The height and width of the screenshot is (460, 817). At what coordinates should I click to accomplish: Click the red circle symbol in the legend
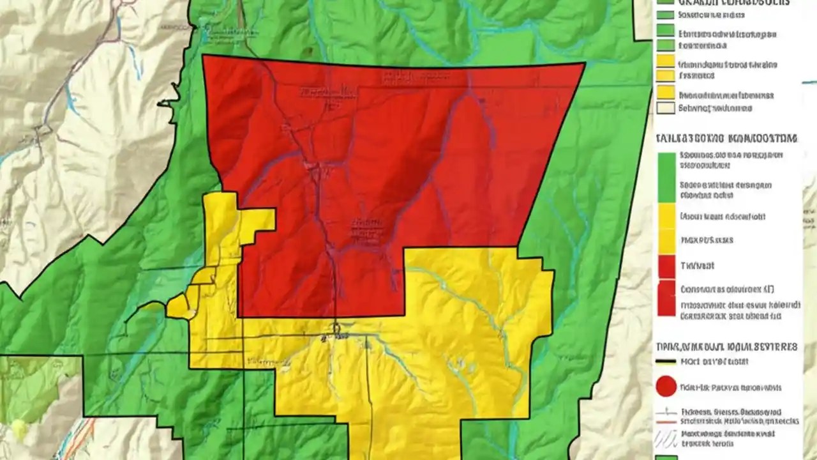point(666,387)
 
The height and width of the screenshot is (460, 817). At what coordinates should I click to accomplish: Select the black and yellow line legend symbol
point(666,361)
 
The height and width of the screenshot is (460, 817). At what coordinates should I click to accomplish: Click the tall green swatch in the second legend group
point(666,177)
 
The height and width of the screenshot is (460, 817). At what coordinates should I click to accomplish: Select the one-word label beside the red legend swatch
point(698,265)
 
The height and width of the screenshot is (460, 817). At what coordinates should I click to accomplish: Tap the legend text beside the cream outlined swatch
point(715,108)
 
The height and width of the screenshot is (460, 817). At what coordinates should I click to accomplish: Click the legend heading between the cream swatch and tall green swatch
point(726,137)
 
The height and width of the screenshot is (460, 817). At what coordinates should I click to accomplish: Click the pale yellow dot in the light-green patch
point(18,426)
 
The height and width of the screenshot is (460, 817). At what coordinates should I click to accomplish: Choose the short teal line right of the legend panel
point(809,82)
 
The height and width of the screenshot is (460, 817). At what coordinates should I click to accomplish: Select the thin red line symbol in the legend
point(666,422)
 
